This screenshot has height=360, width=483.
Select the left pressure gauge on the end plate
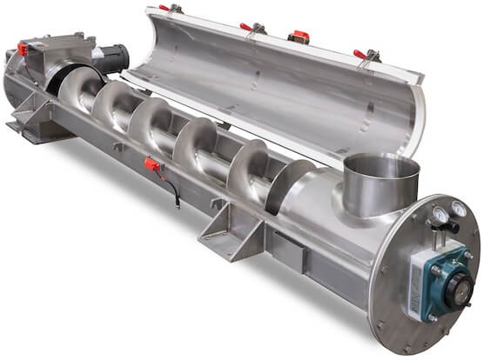[x=439, y=210]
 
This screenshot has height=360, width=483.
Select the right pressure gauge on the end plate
[x=456, y=209]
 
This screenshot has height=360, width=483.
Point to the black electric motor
[x=110, y=58]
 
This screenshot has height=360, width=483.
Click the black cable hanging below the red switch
[x=174, y=192]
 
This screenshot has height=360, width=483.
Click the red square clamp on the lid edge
[x=297, y=37]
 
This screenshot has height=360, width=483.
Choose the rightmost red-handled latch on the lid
[x=361, y=55]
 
